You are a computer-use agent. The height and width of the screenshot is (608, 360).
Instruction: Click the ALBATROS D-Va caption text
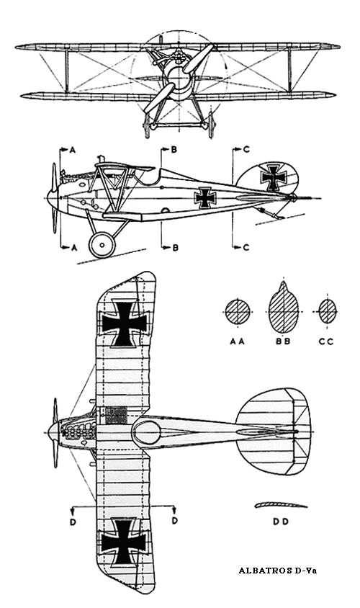point(277,571)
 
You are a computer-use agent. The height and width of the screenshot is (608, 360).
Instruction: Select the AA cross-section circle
point(237,312)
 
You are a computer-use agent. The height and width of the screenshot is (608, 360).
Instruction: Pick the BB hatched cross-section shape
point(284,308)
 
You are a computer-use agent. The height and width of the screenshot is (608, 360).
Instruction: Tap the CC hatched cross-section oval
point(328,311)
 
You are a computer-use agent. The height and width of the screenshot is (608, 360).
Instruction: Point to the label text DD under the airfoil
point(281,522)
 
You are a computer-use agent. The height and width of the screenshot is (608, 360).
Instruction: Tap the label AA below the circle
point(237,341)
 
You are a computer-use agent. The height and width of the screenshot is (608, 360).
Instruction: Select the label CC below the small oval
point(326,341)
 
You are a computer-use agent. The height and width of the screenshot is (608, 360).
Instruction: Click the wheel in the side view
point(102,245)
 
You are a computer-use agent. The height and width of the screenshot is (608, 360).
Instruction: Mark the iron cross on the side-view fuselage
point(204,198)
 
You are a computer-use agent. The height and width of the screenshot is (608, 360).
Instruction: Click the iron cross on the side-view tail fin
point(274,176)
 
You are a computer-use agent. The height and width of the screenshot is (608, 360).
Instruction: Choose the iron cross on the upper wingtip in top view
point(125,323)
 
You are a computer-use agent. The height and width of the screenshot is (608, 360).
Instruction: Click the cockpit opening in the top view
point(146,432)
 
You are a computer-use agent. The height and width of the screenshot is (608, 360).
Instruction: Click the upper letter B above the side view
point(174,150)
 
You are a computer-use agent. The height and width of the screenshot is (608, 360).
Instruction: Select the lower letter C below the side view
point(246,247)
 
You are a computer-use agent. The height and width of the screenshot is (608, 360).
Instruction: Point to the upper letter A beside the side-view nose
point(73,150)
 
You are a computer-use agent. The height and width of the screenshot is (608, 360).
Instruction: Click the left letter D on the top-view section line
point(73,522)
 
